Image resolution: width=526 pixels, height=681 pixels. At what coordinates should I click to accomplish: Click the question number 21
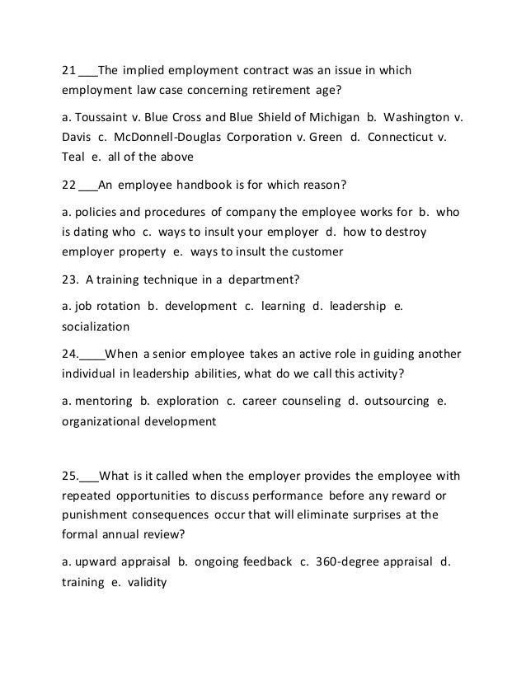pyautogui.click(x=69, y=70)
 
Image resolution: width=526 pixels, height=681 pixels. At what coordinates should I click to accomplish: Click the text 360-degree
pyautogui.click(x=352, y=562)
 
